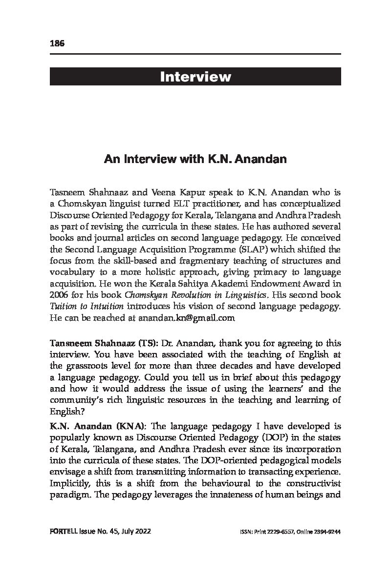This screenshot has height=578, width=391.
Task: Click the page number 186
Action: tap(57, 43)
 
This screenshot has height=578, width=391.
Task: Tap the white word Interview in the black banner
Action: tap(195, 77)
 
